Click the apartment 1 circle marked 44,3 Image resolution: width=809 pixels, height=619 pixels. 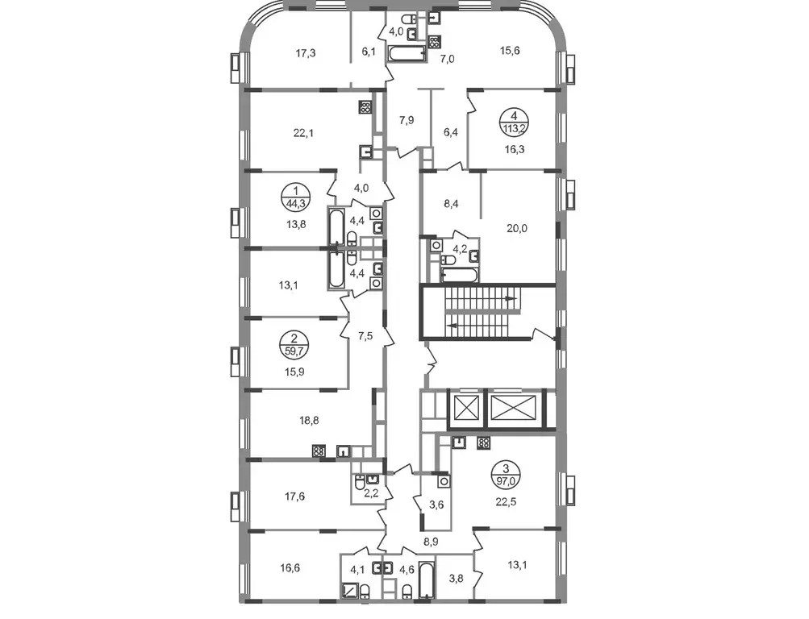coord(296,197)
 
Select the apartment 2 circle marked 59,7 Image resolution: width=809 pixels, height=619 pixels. coord(294,346)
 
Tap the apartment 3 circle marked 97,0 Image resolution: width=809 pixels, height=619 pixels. coord(506,475)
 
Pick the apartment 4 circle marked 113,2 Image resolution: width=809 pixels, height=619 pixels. coord(514,122)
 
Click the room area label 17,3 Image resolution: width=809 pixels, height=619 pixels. coord(306,53)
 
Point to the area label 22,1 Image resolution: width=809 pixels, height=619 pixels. coord(303,133)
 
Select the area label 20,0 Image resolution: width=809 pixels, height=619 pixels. coord(516,228)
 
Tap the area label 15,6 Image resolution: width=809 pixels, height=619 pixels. coord(510,51)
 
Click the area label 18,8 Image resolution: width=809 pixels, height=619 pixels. coord(309,421)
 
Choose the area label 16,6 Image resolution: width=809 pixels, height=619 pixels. coord(290,568)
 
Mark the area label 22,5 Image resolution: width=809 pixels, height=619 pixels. coord(507,501)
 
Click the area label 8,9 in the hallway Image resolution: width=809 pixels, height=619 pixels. coord(430,542)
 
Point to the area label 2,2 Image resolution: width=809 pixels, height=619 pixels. coord(372,493)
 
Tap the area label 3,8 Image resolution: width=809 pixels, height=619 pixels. coord(456,579)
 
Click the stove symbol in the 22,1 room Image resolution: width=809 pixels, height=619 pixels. coord(365,107)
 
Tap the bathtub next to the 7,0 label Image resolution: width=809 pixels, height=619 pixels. coord(407,53)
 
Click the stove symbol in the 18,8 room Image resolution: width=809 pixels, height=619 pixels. coord(319,451)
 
